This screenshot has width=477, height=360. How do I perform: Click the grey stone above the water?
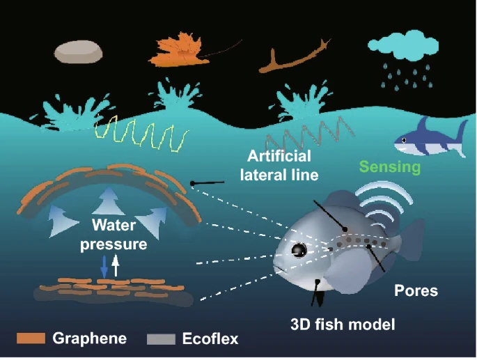78,52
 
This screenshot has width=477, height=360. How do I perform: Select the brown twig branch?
295,57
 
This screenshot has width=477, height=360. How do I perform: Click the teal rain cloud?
403,45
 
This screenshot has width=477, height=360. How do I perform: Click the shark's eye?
404,140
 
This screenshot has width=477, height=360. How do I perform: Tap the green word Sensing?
390,167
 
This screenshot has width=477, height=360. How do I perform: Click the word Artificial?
279,156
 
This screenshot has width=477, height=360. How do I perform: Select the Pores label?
416,290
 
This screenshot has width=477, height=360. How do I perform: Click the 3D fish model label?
343,324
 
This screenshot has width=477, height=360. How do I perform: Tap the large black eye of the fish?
299,250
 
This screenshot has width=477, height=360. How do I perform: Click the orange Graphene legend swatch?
31,338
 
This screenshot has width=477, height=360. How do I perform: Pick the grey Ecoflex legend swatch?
161,339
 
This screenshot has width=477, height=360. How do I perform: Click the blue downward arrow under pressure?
104,267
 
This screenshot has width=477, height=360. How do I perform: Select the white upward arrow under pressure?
116,266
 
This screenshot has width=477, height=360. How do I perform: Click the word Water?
114,225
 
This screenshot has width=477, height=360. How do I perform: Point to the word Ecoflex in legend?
210,338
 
